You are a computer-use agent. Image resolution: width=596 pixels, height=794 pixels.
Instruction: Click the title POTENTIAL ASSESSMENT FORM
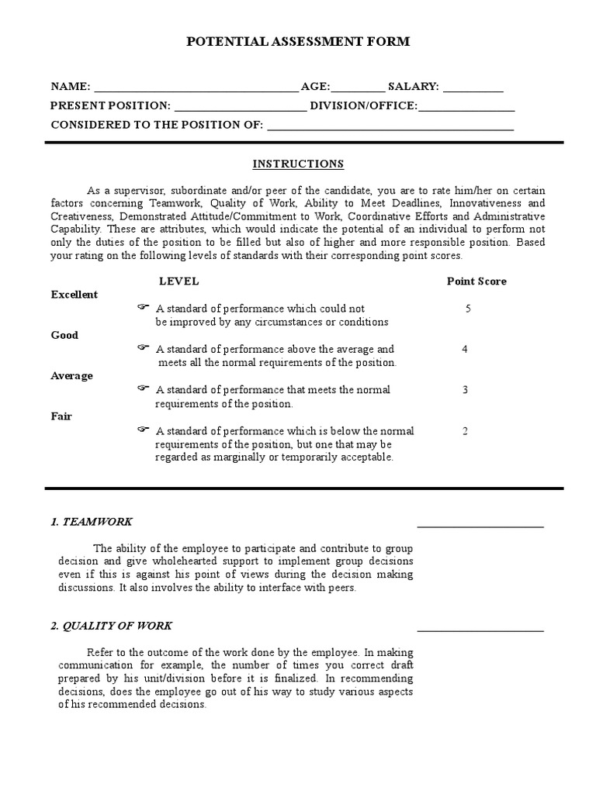point(298,43)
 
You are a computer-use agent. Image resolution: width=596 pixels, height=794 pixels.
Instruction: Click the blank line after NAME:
point(195,88)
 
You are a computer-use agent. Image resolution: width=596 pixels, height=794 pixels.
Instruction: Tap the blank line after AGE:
point(358,88)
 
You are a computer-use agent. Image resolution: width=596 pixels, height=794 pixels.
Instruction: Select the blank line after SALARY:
point(473,88)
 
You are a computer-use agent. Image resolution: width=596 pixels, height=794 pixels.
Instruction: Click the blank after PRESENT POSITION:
point(240,107)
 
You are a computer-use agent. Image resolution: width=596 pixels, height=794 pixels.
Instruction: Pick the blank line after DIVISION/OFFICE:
point(466,107)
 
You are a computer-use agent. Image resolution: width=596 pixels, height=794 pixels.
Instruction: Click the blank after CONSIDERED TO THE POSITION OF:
point(390,126)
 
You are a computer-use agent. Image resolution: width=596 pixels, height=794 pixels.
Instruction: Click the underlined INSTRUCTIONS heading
point(298,164)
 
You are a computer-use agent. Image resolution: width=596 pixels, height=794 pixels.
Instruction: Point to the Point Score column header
point(476,281)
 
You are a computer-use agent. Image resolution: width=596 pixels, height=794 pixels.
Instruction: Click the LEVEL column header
point(178,281)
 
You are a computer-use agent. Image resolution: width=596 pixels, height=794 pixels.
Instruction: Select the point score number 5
point(468,309)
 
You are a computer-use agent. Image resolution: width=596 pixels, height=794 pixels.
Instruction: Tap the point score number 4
point(465,349)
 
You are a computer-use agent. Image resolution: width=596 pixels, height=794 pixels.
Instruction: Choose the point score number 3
point(465,389)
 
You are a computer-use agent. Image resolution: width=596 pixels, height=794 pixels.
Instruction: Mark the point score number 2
point(465,430)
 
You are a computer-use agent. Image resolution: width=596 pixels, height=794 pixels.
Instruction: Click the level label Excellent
point(74,295)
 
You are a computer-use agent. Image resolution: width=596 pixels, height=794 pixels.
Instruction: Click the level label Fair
point(61,416)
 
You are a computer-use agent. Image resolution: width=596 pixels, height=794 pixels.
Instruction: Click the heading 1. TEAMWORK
point(92,522)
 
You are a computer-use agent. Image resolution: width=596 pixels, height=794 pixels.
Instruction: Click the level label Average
point(71,376)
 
